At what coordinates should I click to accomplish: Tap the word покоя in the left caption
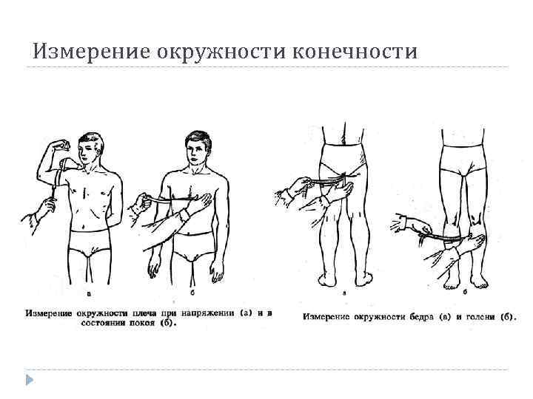pyautogui.click(x=146, y=323)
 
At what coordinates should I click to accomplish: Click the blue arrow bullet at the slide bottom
pyautogui.click(x=30, y=380)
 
